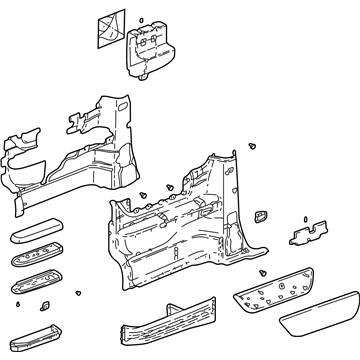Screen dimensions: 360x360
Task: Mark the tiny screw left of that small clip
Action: click(x=18, y=299)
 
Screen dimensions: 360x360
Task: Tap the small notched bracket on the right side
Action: click(x=304, y=235)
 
